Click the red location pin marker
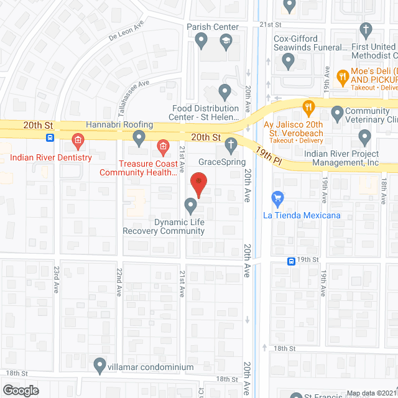pyautogui.click(x=198, y=182)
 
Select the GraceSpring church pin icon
pyautogui.click(x=231, y=146)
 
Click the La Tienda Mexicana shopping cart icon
pyautogui.click(x=278, y=200)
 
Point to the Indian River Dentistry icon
pyautogui.click(x=78, y=141)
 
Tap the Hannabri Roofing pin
pyautogui.click(x=140, y=136)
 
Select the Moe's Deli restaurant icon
pyautogui.click(x=341, y=77)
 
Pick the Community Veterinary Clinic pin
pyautogui.click(x=338, y=113)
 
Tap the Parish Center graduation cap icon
pyautogui.click(x=225, y=42)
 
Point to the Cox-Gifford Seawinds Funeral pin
pyautogui.click(x=287, y=60)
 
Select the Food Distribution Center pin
pyautogui.click(x=225, y=93)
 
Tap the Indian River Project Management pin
pyautogui.click(x=365, y=136)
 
